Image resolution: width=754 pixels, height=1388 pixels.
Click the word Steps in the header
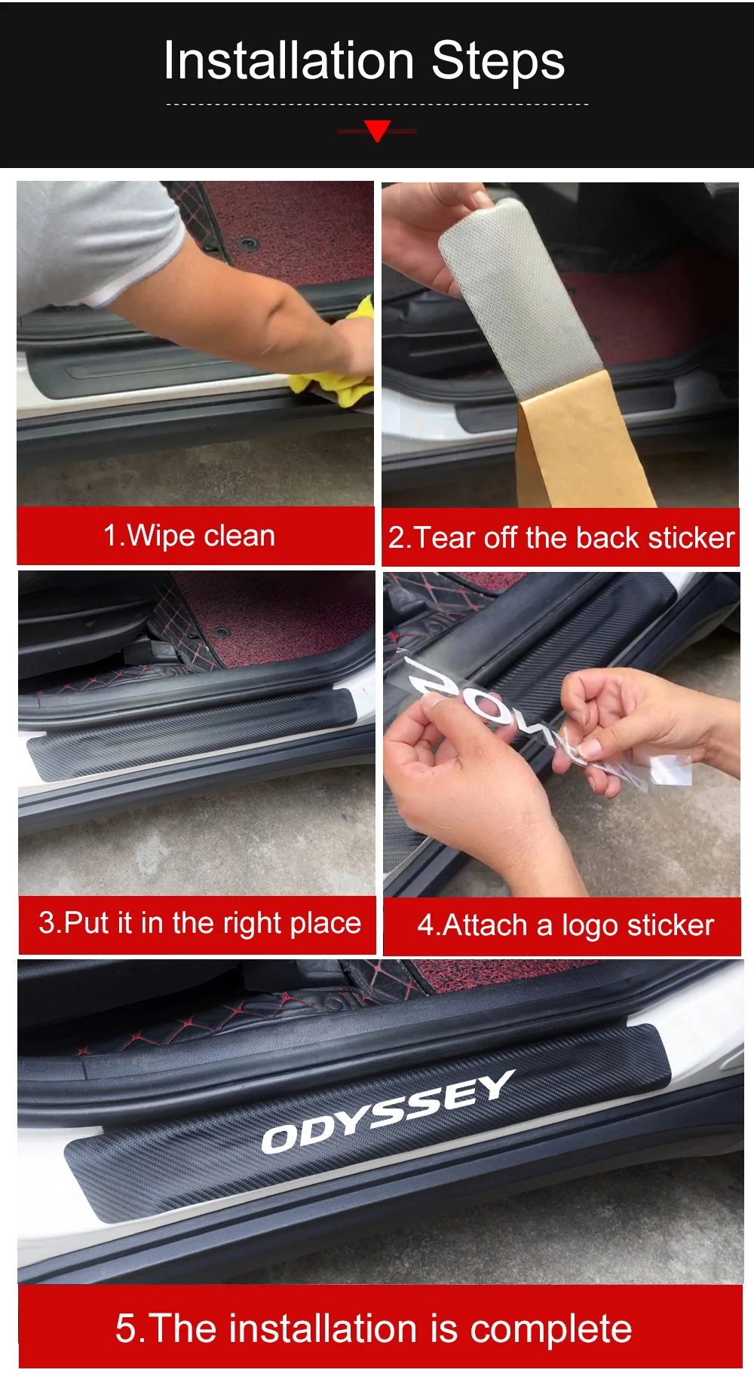click(x=498, y=62)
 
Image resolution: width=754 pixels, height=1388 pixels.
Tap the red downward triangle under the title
click(x=377, y=130)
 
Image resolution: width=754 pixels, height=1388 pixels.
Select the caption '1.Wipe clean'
click(x=189, y=536)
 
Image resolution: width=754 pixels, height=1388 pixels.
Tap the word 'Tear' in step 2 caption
click(x=445, y=538)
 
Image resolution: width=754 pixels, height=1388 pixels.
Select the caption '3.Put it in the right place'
click(x=200, y=923)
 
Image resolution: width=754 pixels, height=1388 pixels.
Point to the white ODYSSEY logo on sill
click(x=388, y=1112)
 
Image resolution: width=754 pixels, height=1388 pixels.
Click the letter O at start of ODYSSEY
click(x=278, y=1139)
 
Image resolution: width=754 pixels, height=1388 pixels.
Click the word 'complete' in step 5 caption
click(x=551, y=1328)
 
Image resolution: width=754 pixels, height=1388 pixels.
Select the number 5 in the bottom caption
click(x=125, y=1328)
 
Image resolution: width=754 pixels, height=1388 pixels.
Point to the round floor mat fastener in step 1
click(x=248, y=243)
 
